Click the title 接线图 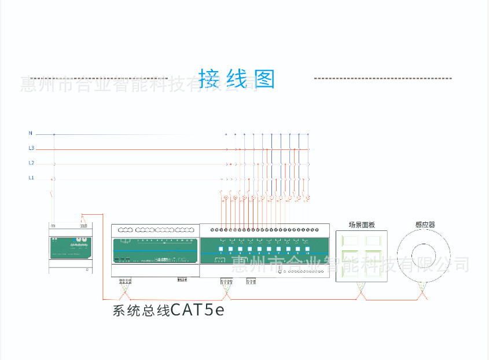coord(237,79)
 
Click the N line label coord(31,134)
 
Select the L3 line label coord(31,149)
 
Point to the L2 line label coord(31,163)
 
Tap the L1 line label coord(31,178)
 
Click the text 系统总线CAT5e coord(168,311)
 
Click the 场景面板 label coord(362,225)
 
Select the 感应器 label coord(425,225)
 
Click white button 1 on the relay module coord(220,249)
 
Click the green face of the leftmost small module coord(69,246)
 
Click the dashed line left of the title coord(98,78)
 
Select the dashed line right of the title coord(382,78)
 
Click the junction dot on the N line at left coord(54,134)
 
